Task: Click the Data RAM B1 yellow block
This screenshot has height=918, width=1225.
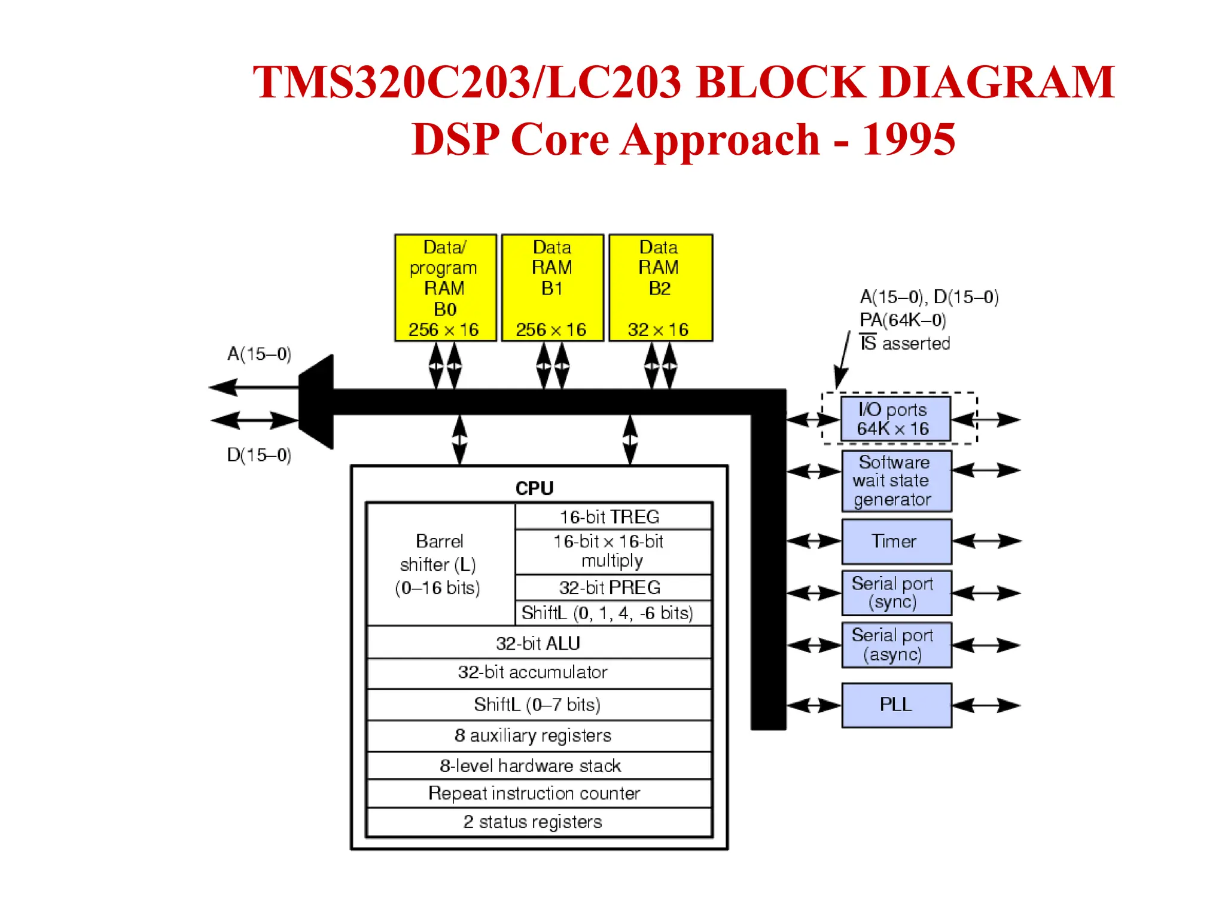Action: click(552, 287)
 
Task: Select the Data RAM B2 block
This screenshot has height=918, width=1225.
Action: click(660, 287)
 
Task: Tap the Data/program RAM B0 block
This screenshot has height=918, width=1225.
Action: click(445, 287)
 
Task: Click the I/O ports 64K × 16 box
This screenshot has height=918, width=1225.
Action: click(895, 419)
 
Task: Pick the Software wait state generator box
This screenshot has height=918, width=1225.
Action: click(896, 481)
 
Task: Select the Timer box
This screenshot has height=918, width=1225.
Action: click(896, 541)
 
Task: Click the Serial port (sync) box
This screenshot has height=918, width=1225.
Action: click(896, 593)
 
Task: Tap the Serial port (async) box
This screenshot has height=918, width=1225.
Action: click(896, 645)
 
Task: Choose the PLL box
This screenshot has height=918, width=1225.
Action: click(896, 705)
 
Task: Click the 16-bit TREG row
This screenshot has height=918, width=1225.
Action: click(612, 516)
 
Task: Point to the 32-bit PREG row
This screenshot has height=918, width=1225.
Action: click(612, 587)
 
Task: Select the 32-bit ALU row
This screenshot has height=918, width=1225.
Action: click(538, 643)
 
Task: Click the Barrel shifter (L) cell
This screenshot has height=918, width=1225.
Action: click(440, 564)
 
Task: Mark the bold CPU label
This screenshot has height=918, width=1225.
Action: click(535, 488)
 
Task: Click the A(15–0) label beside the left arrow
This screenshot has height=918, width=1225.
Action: click(259, 354)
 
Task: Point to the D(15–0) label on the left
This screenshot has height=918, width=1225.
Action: click(259, 455)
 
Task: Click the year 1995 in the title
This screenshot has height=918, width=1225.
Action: click(908, 139)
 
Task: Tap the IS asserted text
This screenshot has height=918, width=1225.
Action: click(905, 343)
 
